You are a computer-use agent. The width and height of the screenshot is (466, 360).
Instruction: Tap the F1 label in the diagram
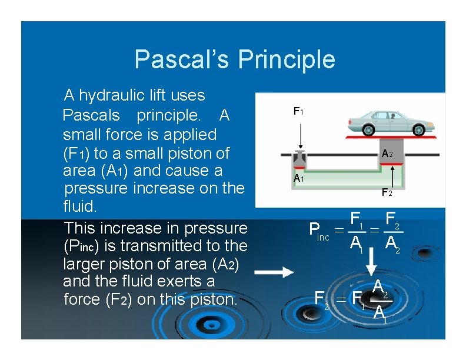pyautogui.click(x=298, y=111)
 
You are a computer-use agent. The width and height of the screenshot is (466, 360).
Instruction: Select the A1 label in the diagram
pyautogui.click(x=298, y=179)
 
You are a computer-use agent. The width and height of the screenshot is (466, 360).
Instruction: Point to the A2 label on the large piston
pyautogui.click(x=387, y=154)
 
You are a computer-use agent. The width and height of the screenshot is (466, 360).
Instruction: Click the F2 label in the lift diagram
pyautogui.click(x=387, y=192)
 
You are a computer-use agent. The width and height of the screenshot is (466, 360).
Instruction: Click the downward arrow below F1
pyautogui.click(x=301, y=134)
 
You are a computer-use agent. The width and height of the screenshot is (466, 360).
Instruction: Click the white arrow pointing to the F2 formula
pyautogui.click(x=274, y=272)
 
